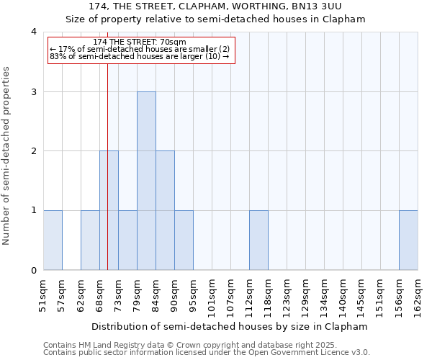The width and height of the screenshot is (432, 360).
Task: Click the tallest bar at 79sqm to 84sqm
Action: click(146, 181)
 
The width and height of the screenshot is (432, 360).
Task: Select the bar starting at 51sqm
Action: click(53, 240)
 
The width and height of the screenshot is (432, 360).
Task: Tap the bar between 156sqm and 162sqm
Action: click(408, 240)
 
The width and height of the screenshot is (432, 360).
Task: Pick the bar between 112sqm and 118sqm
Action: click(258, 240)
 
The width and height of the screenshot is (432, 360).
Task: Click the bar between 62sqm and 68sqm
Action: click(90, 240)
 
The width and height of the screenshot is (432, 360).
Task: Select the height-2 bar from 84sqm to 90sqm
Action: click(165, 210)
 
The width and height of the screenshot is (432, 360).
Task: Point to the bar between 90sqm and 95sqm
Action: click(184, 240)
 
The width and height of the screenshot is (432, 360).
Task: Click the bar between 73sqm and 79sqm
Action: click(127, 240)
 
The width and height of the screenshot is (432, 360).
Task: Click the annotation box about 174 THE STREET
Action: click(141, 50)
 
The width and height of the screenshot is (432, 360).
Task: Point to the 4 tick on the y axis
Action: click(34, 32)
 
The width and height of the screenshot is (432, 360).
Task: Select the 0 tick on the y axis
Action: click(34, 271)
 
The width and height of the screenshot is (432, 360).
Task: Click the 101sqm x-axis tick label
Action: click(212, 295)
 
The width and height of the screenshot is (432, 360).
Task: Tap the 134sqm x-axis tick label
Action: click(325, 295)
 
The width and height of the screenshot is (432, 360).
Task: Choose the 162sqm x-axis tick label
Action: click(418, 295)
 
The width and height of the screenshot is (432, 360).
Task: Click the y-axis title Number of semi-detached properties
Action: click(7, 156)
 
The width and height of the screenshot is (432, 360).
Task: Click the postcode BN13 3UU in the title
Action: click(320, 6)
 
